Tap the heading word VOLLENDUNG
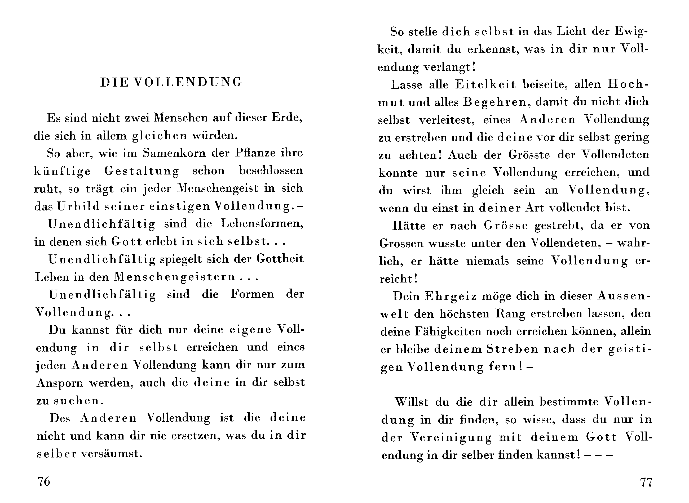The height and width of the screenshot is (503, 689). point(188,83)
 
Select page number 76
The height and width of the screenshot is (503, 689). point(43,481)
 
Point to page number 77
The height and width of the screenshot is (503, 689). point(646,482)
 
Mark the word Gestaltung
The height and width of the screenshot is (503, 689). point(142,171)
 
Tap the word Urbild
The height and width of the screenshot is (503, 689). point(78,207)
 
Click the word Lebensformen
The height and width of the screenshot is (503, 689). point(262,224)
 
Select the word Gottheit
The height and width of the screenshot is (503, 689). point(280,259)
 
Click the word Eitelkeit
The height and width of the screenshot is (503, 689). point(485,85)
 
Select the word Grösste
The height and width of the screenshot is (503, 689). point(529,155)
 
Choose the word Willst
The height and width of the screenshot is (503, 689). point(411,402)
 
